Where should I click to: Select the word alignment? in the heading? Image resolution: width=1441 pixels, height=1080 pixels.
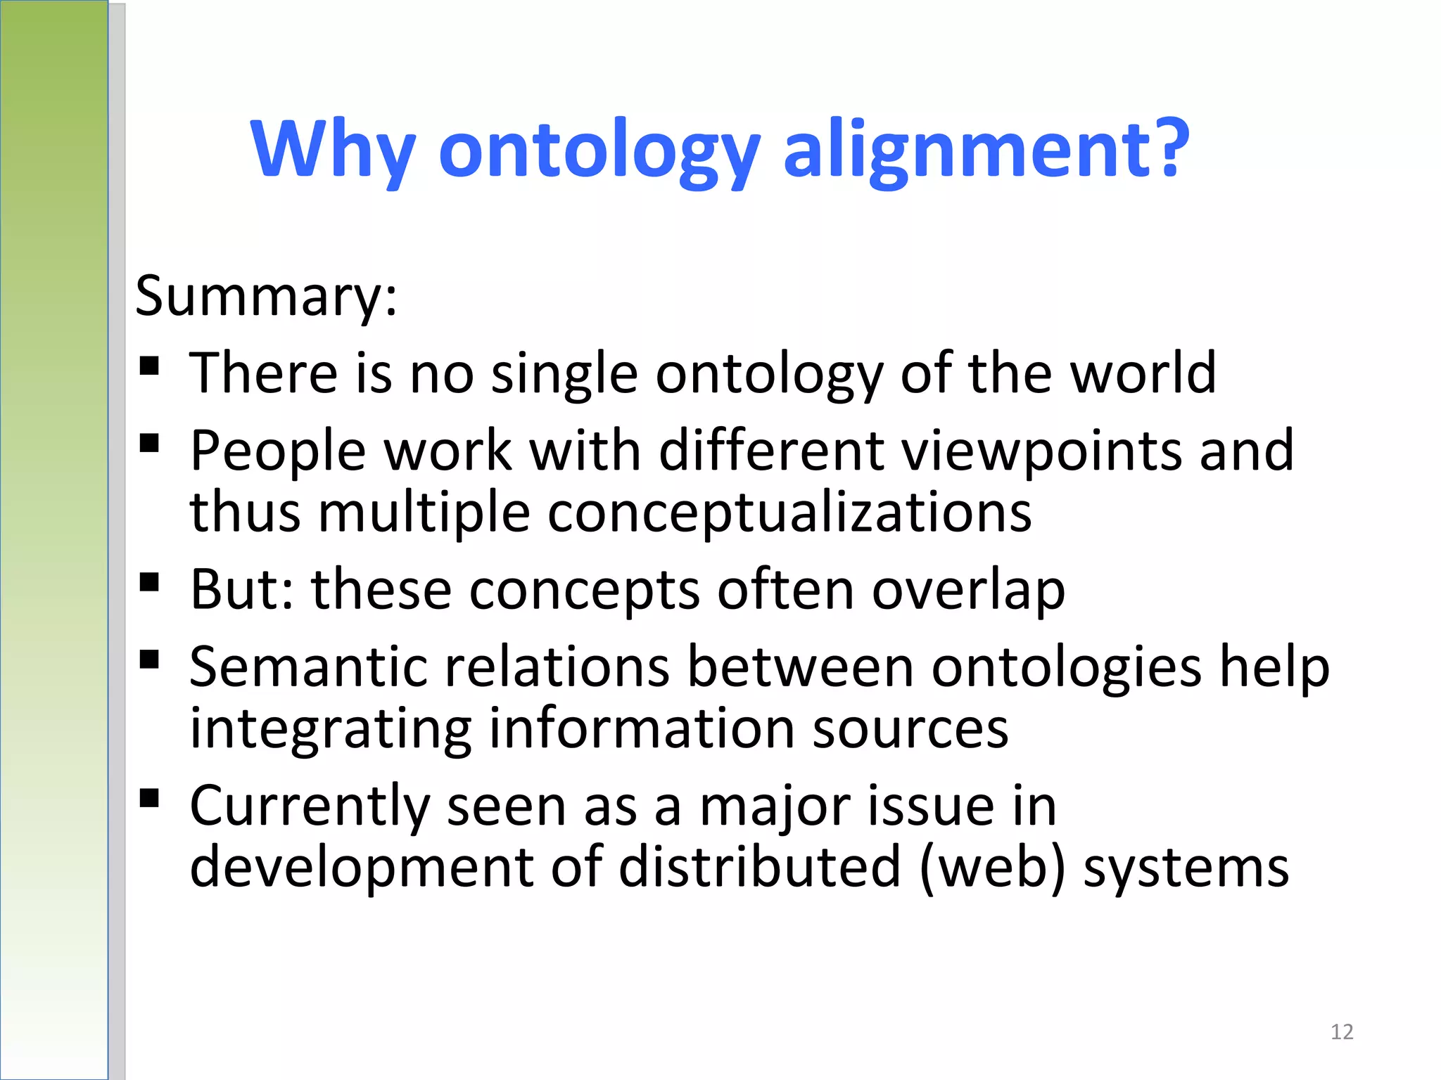click(x=986, y=149)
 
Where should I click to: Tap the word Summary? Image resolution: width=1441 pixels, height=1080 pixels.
click(x=266, y=296)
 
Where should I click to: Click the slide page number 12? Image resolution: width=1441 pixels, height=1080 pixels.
click(x=1342, y=1031)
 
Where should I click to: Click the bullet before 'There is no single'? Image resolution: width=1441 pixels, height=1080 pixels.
click(x=149, y=366)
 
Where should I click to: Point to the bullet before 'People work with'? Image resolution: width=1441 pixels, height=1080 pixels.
click(x=149, y=443)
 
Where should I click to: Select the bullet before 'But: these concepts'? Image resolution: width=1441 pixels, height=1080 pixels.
click(x=149, y=582)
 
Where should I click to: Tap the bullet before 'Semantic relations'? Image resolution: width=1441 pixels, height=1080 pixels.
click(x=149, y=659)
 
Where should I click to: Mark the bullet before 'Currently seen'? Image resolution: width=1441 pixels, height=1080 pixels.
click(x=149, y=798)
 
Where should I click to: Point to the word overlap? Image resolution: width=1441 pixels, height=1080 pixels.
click(x=968, y=590)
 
